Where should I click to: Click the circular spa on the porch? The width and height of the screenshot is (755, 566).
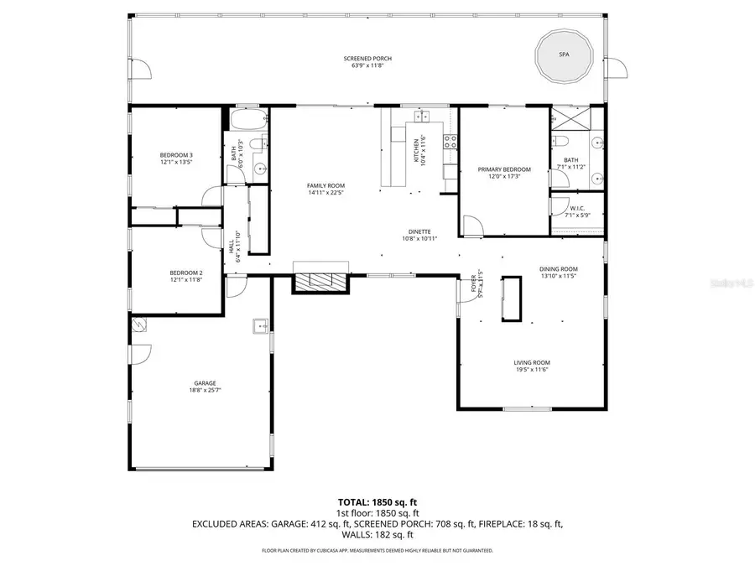coord(564,54)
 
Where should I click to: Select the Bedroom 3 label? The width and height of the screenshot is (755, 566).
coord(176,158)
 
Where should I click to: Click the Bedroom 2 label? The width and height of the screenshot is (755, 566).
coord(185,275)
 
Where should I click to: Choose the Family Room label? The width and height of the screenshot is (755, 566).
coord(325,189)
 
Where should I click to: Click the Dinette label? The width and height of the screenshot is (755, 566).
coord(419,235)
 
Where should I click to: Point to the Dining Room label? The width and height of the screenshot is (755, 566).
coord(559,272)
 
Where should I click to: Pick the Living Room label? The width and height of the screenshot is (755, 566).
coord(532,366)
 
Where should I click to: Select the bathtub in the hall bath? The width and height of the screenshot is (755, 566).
coord(247,117)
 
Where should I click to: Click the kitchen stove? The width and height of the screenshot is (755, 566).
coord(450,142)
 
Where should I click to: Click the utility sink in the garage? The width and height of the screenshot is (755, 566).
coord(260,326)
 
